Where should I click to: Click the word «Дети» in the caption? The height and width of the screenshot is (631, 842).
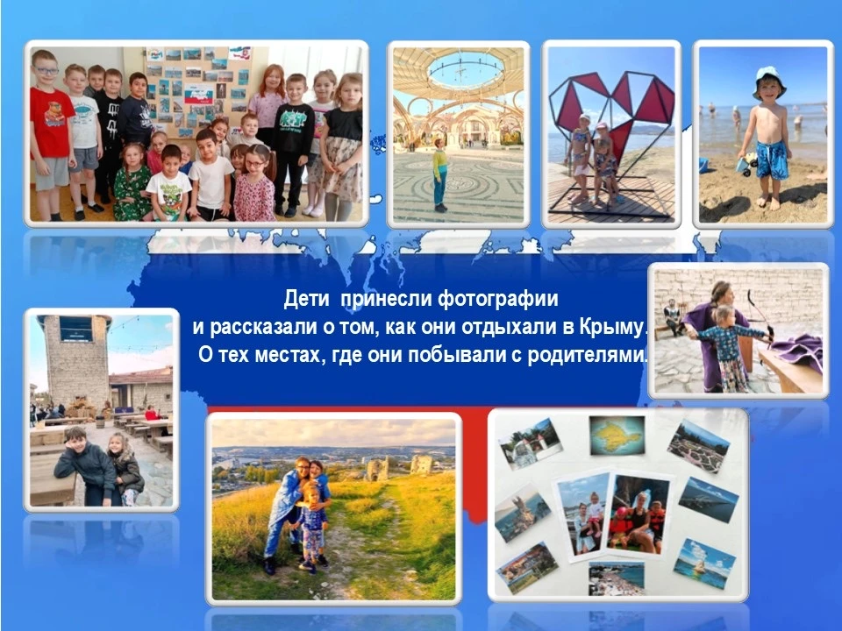[x=306, y=298]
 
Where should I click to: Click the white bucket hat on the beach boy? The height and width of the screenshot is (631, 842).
[x=769, y=81]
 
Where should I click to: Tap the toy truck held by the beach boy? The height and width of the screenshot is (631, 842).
[x=747, y=163]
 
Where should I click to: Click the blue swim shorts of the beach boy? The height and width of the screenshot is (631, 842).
[x=772, y=160]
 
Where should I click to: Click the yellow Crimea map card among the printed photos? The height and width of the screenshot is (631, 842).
[x=617, y=436]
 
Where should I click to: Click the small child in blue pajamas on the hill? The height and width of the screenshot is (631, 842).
[x=310, y=528]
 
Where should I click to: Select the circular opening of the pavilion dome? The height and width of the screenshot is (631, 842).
[x=465, y=70]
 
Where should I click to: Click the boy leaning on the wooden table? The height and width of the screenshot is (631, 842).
[x=86, y=465]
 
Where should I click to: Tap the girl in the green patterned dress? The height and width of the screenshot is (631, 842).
[x=131, y=182]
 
